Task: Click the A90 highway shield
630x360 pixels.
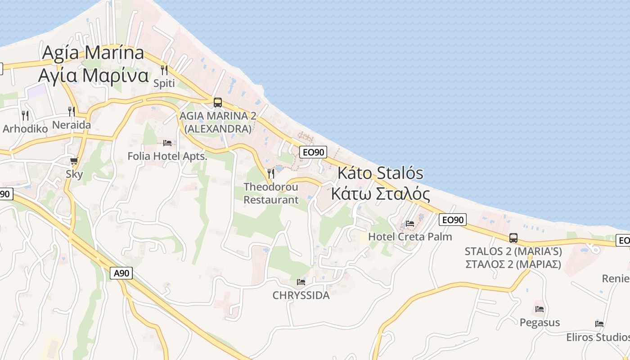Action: point(121,273)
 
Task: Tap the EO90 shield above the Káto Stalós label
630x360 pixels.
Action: point(314,152)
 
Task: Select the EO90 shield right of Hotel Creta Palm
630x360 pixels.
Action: point(453,220)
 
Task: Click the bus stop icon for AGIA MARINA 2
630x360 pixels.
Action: point(218,103)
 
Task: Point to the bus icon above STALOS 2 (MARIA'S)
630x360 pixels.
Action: point(513,238)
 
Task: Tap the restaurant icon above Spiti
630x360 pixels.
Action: point(164,70)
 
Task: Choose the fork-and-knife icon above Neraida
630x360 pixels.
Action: point(72,111)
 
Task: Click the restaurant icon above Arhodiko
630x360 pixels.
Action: point(25,115)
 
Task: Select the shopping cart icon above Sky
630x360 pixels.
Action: point(74,161)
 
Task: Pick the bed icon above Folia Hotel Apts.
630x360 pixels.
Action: point(167,143)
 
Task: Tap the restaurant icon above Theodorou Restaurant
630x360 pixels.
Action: point(271,173)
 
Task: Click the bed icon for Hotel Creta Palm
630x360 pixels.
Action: point(410,223)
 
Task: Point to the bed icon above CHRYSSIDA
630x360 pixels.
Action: point(301,282)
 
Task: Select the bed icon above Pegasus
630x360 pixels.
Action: point(540,309)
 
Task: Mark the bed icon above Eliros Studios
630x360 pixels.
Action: point(599,324)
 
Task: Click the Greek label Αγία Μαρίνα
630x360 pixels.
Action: point(93,76)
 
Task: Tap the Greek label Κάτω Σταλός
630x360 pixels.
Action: point(381,193)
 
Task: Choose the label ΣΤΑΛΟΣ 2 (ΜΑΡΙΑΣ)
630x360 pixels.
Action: point(513,264)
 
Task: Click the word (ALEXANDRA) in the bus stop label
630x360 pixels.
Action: point(218,129)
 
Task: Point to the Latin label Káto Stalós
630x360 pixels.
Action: point(381,172)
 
